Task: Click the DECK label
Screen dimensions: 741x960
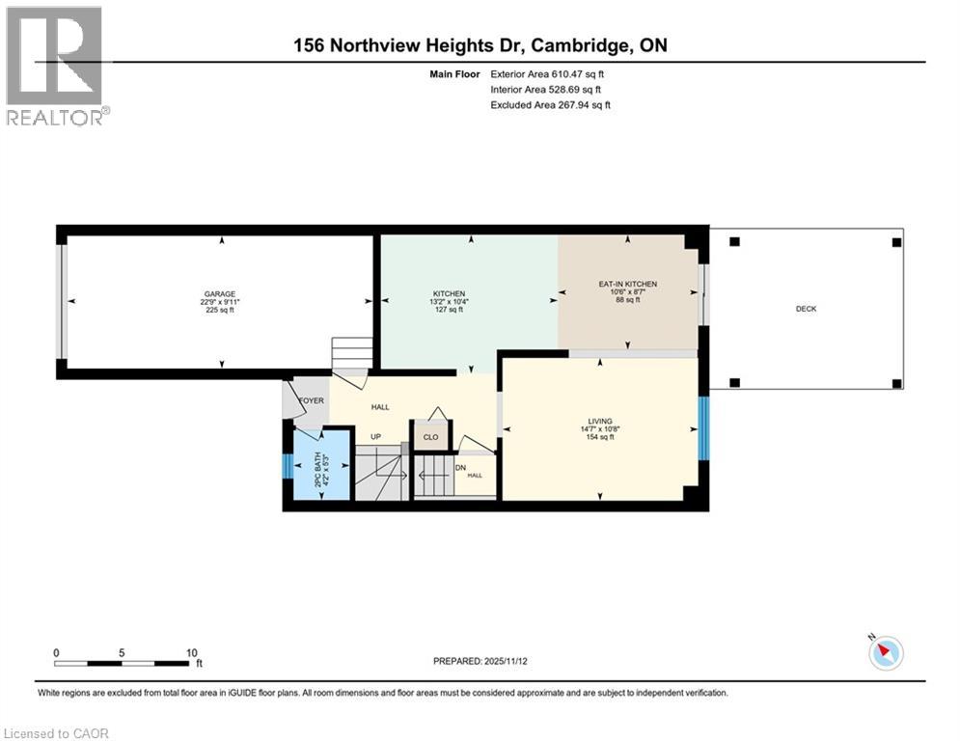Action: (x=806, y=309)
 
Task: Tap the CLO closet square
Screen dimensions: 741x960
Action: (x=430, y=436)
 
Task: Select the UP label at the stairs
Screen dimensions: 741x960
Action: (x=363, y=436)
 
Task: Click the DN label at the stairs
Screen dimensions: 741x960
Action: (x=460, y=468)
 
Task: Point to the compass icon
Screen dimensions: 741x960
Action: (x=886, y=653)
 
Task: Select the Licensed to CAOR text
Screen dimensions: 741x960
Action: (x=57, y=733)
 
